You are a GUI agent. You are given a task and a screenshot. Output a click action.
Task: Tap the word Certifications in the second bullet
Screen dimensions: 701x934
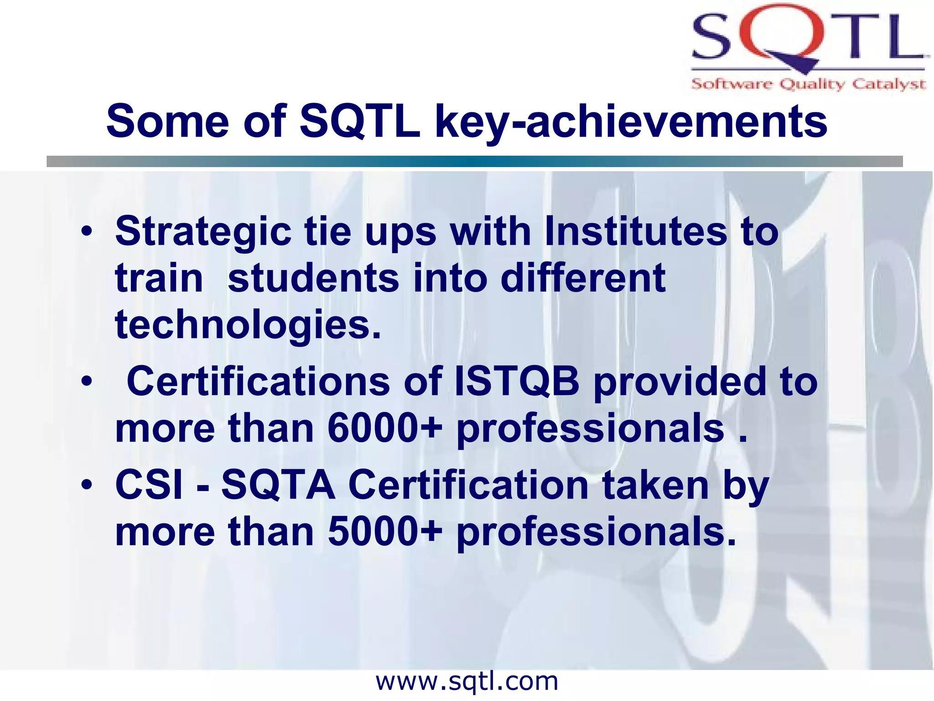click(x=258, y=382)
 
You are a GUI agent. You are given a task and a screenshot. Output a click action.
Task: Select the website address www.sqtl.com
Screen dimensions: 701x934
click(x=467, y=682)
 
